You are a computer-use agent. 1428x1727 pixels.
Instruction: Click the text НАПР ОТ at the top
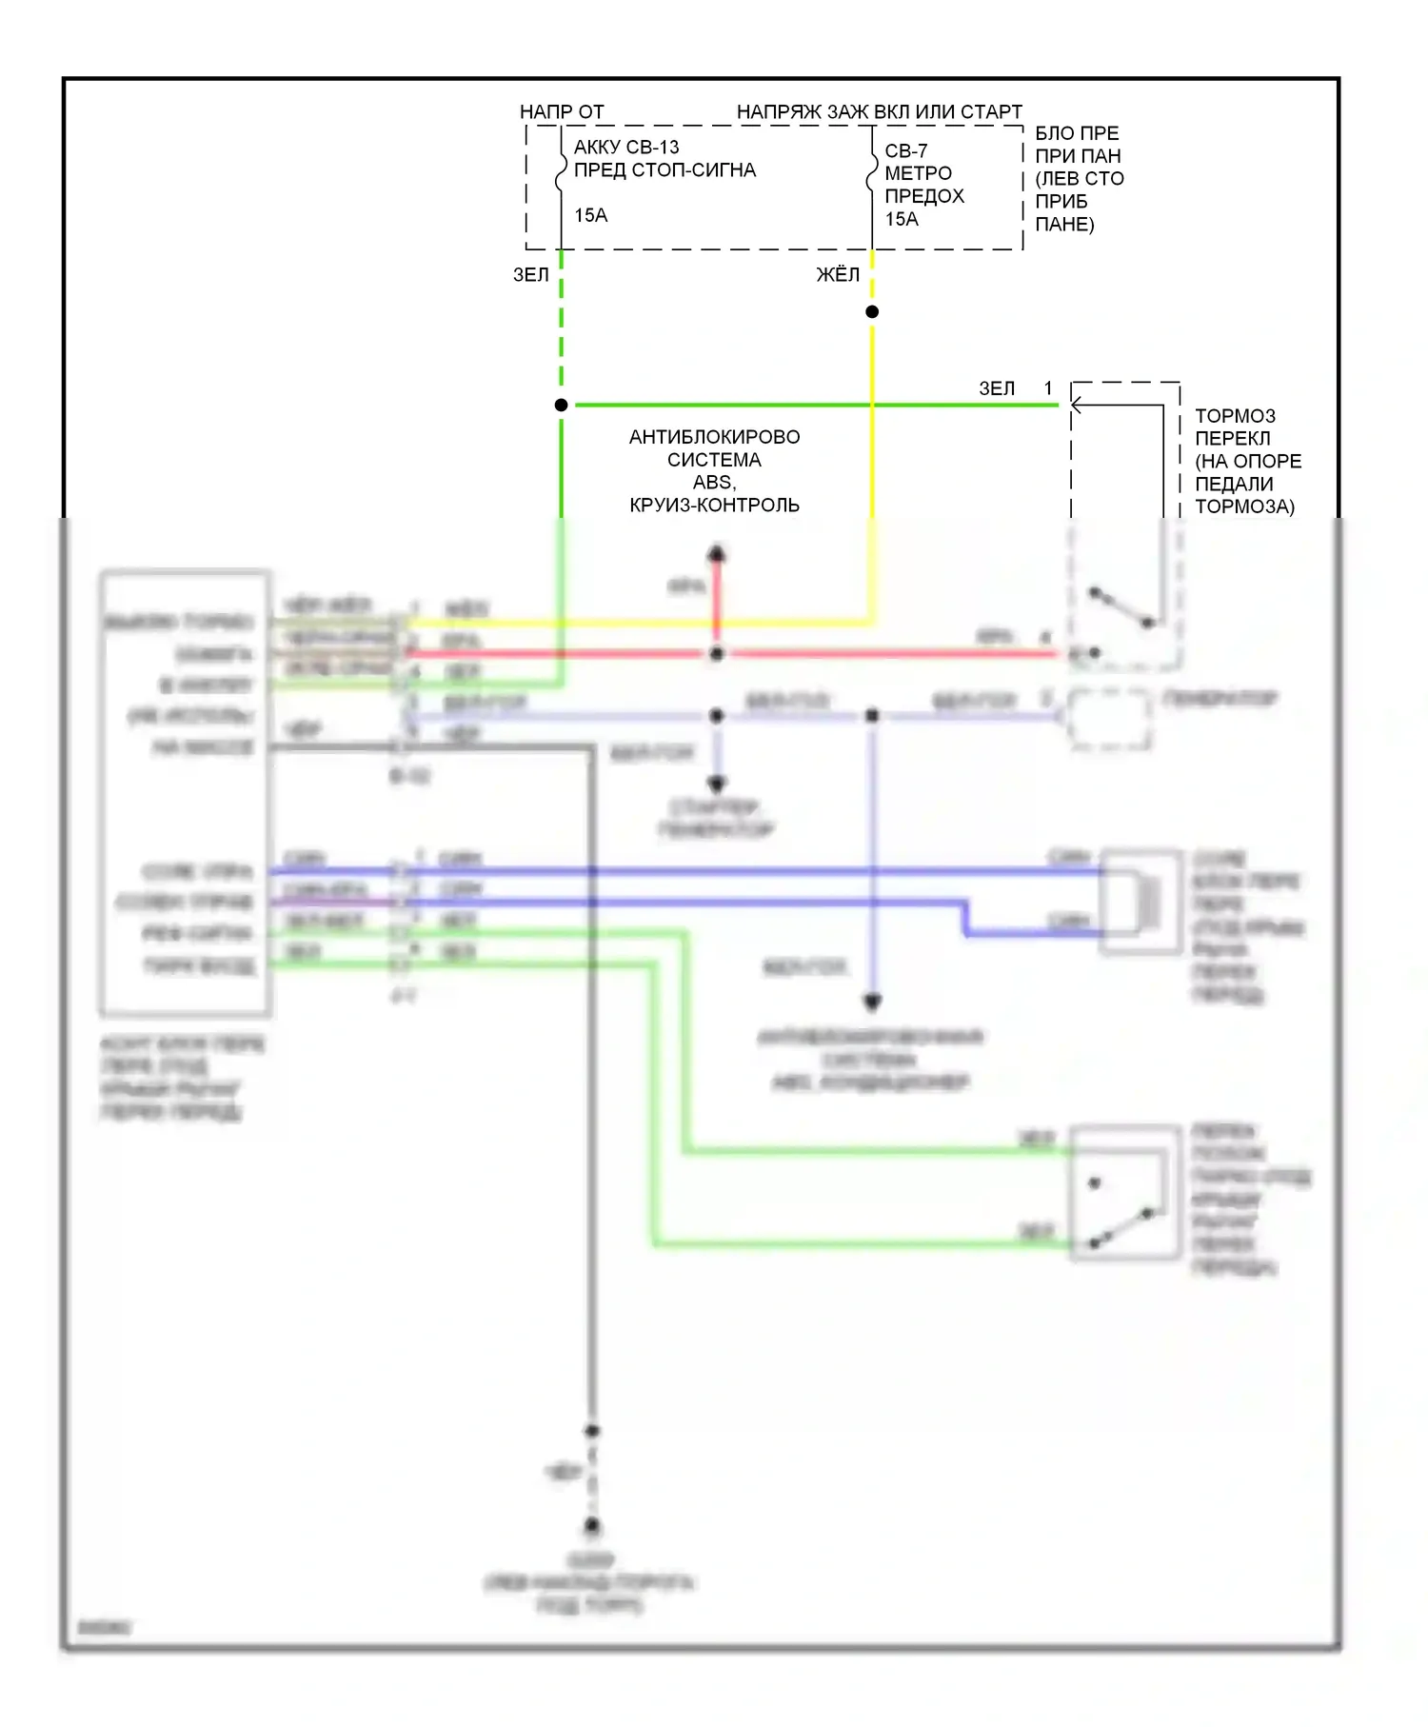(562, 111)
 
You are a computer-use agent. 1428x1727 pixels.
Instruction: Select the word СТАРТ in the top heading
(991, 111)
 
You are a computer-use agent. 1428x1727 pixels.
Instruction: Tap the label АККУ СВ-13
(626, 147)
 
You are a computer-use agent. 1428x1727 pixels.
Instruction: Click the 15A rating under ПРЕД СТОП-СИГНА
(590, 215)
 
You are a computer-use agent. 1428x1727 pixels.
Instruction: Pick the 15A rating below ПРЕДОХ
(902, 219)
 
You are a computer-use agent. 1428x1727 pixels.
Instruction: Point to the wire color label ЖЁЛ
(838, 274)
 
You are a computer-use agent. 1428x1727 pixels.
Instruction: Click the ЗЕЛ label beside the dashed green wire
(531, 274)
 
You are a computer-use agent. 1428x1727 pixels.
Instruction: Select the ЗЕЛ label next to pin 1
(997, 388)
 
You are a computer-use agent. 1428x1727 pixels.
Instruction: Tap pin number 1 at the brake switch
(1048, 388)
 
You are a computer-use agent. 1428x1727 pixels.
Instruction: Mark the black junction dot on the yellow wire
(872, 311)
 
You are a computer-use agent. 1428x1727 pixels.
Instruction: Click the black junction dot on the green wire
(562, 405)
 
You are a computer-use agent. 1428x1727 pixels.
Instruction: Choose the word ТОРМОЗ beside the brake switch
(1235, 416)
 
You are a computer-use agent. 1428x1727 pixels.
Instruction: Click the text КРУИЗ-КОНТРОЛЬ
(714, 505)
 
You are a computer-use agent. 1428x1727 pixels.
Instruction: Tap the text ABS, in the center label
(714, 482)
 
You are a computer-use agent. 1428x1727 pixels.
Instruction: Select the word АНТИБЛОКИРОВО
(714, 437)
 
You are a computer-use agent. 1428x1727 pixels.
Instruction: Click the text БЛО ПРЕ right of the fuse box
(1077, 133)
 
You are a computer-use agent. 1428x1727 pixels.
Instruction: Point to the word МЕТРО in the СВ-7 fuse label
(918, 173)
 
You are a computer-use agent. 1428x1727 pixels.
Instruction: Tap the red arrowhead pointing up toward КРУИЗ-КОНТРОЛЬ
(717, 553)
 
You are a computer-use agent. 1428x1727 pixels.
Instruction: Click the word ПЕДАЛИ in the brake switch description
(1234, 484)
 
